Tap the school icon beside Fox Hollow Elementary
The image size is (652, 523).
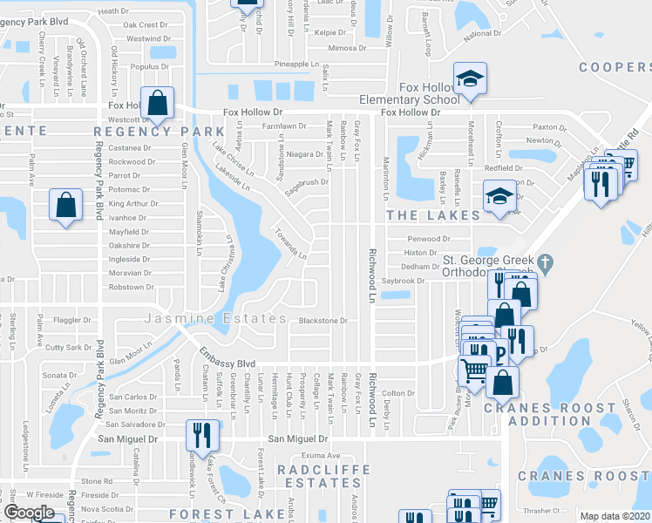pyautogui.click(x=471, y=81)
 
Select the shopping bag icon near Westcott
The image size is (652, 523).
pyautogui.click(x=157, y=104)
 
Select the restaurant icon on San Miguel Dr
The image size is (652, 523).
pyautogui.click(x=202, y=434)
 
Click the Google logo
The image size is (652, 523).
pyautogui.click(x=30, y=513)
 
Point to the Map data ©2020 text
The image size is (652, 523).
pyautogui.click(x=615, y=516)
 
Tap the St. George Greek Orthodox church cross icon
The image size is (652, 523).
pyautogui.click(x=545, y=261)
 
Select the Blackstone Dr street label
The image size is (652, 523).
pyautogui.click(x=323, y=321)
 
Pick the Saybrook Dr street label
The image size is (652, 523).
pyautogui.click(x=402, y=281)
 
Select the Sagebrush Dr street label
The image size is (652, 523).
pyautogui.click(x=307, y=182)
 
